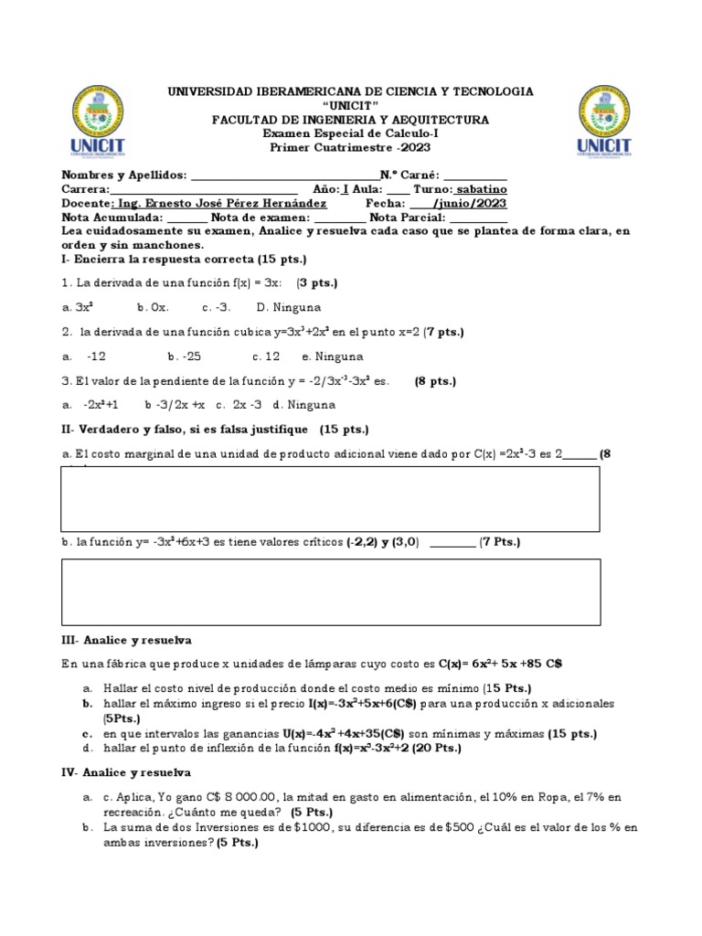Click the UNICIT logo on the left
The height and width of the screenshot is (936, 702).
click(98, 122)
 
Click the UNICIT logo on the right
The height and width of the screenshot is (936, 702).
click(604, 122)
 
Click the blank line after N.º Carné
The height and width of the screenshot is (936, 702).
click(475, 176)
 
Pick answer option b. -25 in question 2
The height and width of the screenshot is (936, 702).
click(185, 356)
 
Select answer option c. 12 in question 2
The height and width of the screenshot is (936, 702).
click(266, 356)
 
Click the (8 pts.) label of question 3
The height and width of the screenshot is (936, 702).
click(435, 381)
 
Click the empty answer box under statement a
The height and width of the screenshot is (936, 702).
click(331, 499)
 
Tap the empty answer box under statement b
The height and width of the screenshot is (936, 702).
click(331, 592)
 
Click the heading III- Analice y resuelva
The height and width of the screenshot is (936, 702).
click(126, 640)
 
